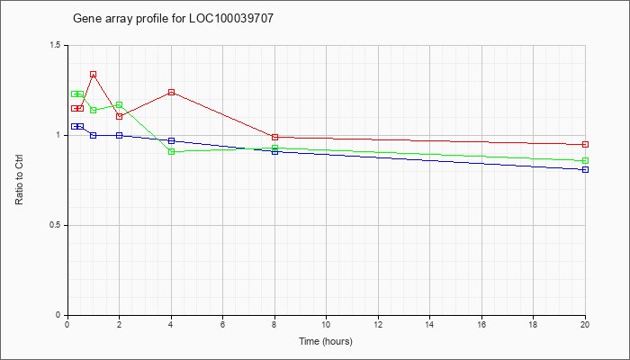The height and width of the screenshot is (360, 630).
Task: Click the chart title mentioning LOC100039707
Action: coord(173,19)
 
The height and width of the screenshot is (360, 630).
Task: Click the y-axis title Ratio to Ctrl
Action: coord(19,179)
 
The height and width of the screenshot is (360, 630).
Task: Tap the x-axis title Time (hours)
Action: coord(326,341)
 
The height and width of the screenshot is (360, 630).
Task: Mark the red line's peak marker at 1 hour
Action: coord(94,75)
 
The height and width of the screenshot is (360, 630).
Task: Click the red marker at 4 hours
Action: coord(172,93)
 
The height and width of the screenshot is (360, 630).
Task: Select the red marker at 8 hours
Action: coord(274,138)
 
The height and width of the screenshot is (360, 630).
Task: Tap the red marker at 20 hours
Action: coord(585,144)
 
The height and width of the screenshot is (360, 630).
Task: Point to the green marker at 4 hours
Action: coord(172,151)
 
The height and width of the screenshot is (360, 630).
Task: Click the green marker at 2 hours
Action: coord(120,105)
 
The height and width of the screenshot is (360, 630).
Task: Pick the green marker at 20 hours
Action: coord(585,161)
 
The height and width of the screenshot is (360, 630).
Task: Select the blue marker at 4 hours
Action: coord(172,140)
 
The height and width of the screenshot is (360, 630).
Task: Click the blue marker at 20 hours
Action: coord(585,169)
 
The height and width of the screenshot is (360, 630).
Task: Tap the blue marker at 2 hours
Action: coord(120,135)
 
